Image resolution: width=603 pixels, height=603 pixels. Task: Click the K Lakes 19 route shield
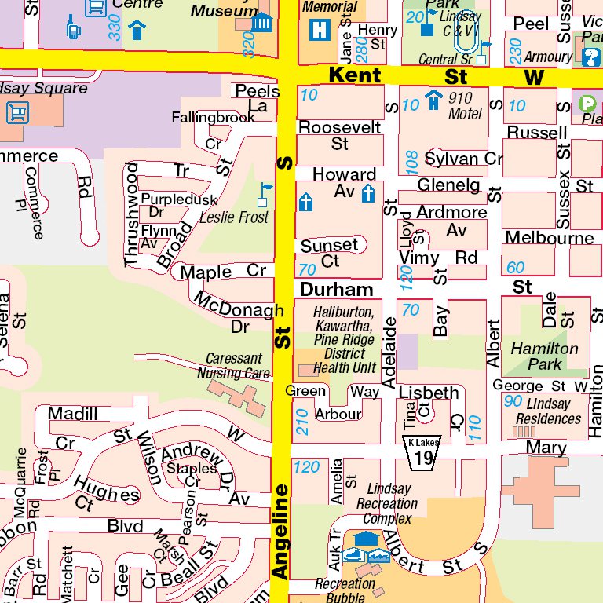coord(422,452)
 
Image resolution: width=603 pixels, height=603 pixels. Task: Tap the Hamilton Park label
coord(545,356)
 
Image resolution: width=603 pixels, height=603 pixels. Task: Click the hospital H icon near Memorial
coord(320,30)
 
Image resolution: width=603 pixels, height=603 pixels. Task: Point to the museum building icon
coord(262,22)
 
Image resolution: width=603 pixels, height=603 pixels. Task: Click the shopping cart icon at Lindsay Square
coord(17,112)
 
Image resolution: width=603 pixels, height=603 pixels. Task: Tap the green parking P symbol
coord(587,103)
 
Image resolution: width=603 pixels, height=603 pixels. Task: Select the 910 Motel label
coord(465,106)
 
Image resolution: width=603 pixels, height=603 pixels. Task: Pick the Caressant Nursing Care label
coord(234,366)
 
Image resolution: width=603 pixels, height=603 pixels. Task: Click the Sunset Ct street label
coord(330,253)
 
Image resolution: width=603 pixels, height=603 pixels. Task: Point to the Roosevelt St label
coord(339,135)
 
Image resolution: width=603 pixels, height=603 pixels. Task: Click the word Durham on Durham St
coord(336,289)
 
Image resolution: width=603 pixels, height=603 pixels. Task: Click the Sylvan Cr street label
coord(463,159)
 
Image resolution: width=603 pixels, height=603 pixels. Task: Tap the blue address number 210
coord(303,422)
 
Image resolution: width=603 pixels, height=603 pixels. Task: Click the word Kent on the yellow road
coord(355,75)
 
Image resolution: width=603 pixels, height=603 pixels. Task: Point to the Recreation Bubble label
coord(345,590)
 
